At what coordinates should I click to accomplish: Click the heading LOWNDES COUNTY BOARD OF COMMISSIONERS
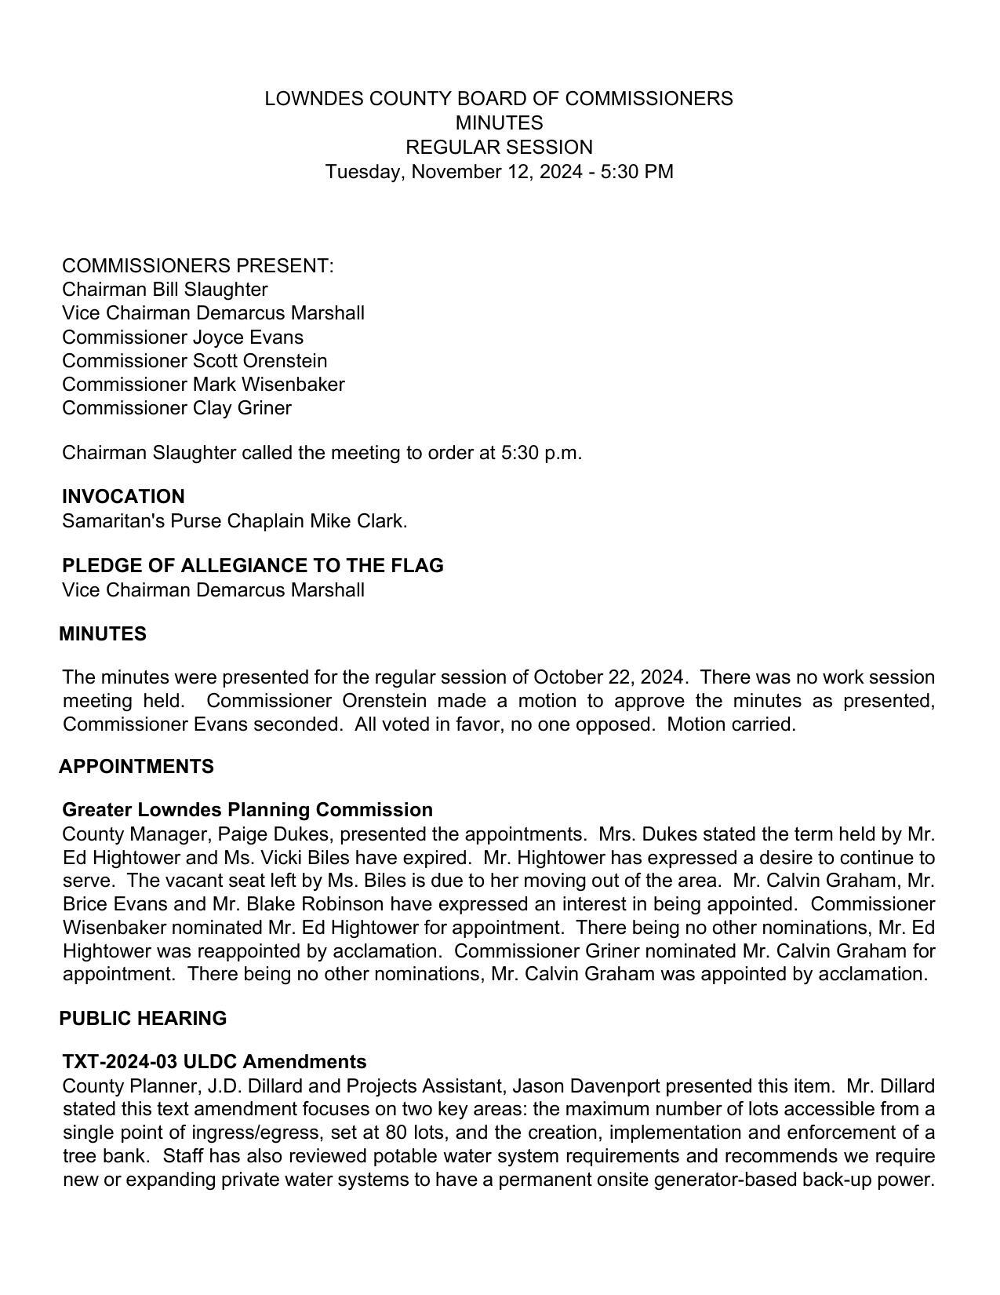(499, 99)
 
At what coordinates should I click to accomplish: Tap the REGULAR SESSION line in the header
(499, 148)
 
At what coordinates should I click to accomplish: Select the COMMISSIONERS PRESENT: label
(198, 266)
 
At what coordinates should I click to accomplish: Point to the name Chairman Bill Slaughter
(165, 290)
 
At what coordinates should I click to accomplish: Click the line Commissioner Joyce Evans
(183, 337)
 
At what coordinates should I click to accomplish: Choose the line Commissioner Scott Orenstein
(195, 361)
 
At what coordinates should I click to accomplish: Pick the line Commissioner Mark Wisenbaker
(203, 385)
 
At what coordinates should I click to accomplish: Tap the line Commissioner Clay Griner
(176, 408)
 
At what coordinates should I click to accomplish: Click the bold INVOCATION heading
(123, 497)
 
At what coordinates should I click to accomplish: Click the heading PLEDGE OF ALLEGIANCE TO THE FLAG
(253, 566)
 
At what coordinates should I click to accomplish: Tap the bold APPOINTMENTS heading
(136, 767)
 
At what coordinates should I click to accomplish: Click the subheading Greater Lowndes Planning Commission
(247, 810)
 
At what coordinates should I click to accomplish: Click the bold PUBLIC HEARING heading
(143, 1019)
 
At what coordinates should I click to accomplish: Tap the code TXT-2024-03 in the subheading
(120, 1062)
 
